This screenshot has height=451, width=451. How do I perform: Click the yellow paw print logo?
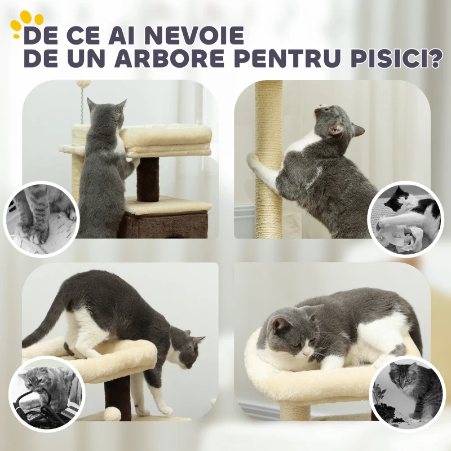(x=26, y=24)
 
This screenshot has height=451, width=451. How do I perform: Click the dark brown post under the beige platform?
(x=148, y=179)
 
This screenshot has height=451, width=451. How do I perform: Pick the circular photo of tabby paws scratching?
(x=41, y=218)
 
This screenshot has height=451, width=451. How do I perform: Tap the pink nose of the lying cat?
(x=306, y=353)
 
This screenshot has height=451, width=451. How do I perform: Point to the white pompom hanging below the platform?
(x=112, y=414)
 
